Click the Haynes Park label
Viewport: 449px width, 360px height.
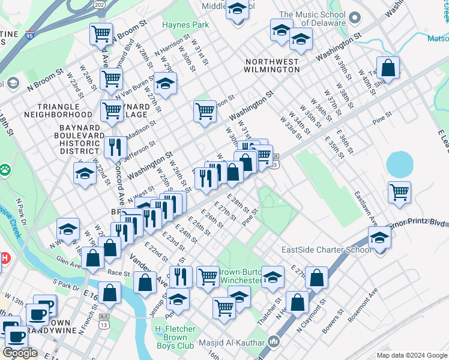tap(185, 25)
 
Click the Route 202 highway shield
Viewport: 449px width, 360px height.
tap(99, 4)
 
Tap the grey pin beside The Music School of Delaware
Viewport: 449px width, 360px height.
tap(355, 18)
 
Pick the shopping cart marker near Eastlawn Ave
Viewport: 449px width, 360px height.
tap(399, 192)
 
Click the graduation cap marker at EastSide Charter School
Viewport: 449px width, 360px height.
tap(379, 237)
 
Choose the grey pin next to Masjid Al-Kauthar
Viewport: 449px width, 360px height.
tap(274, 342)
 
